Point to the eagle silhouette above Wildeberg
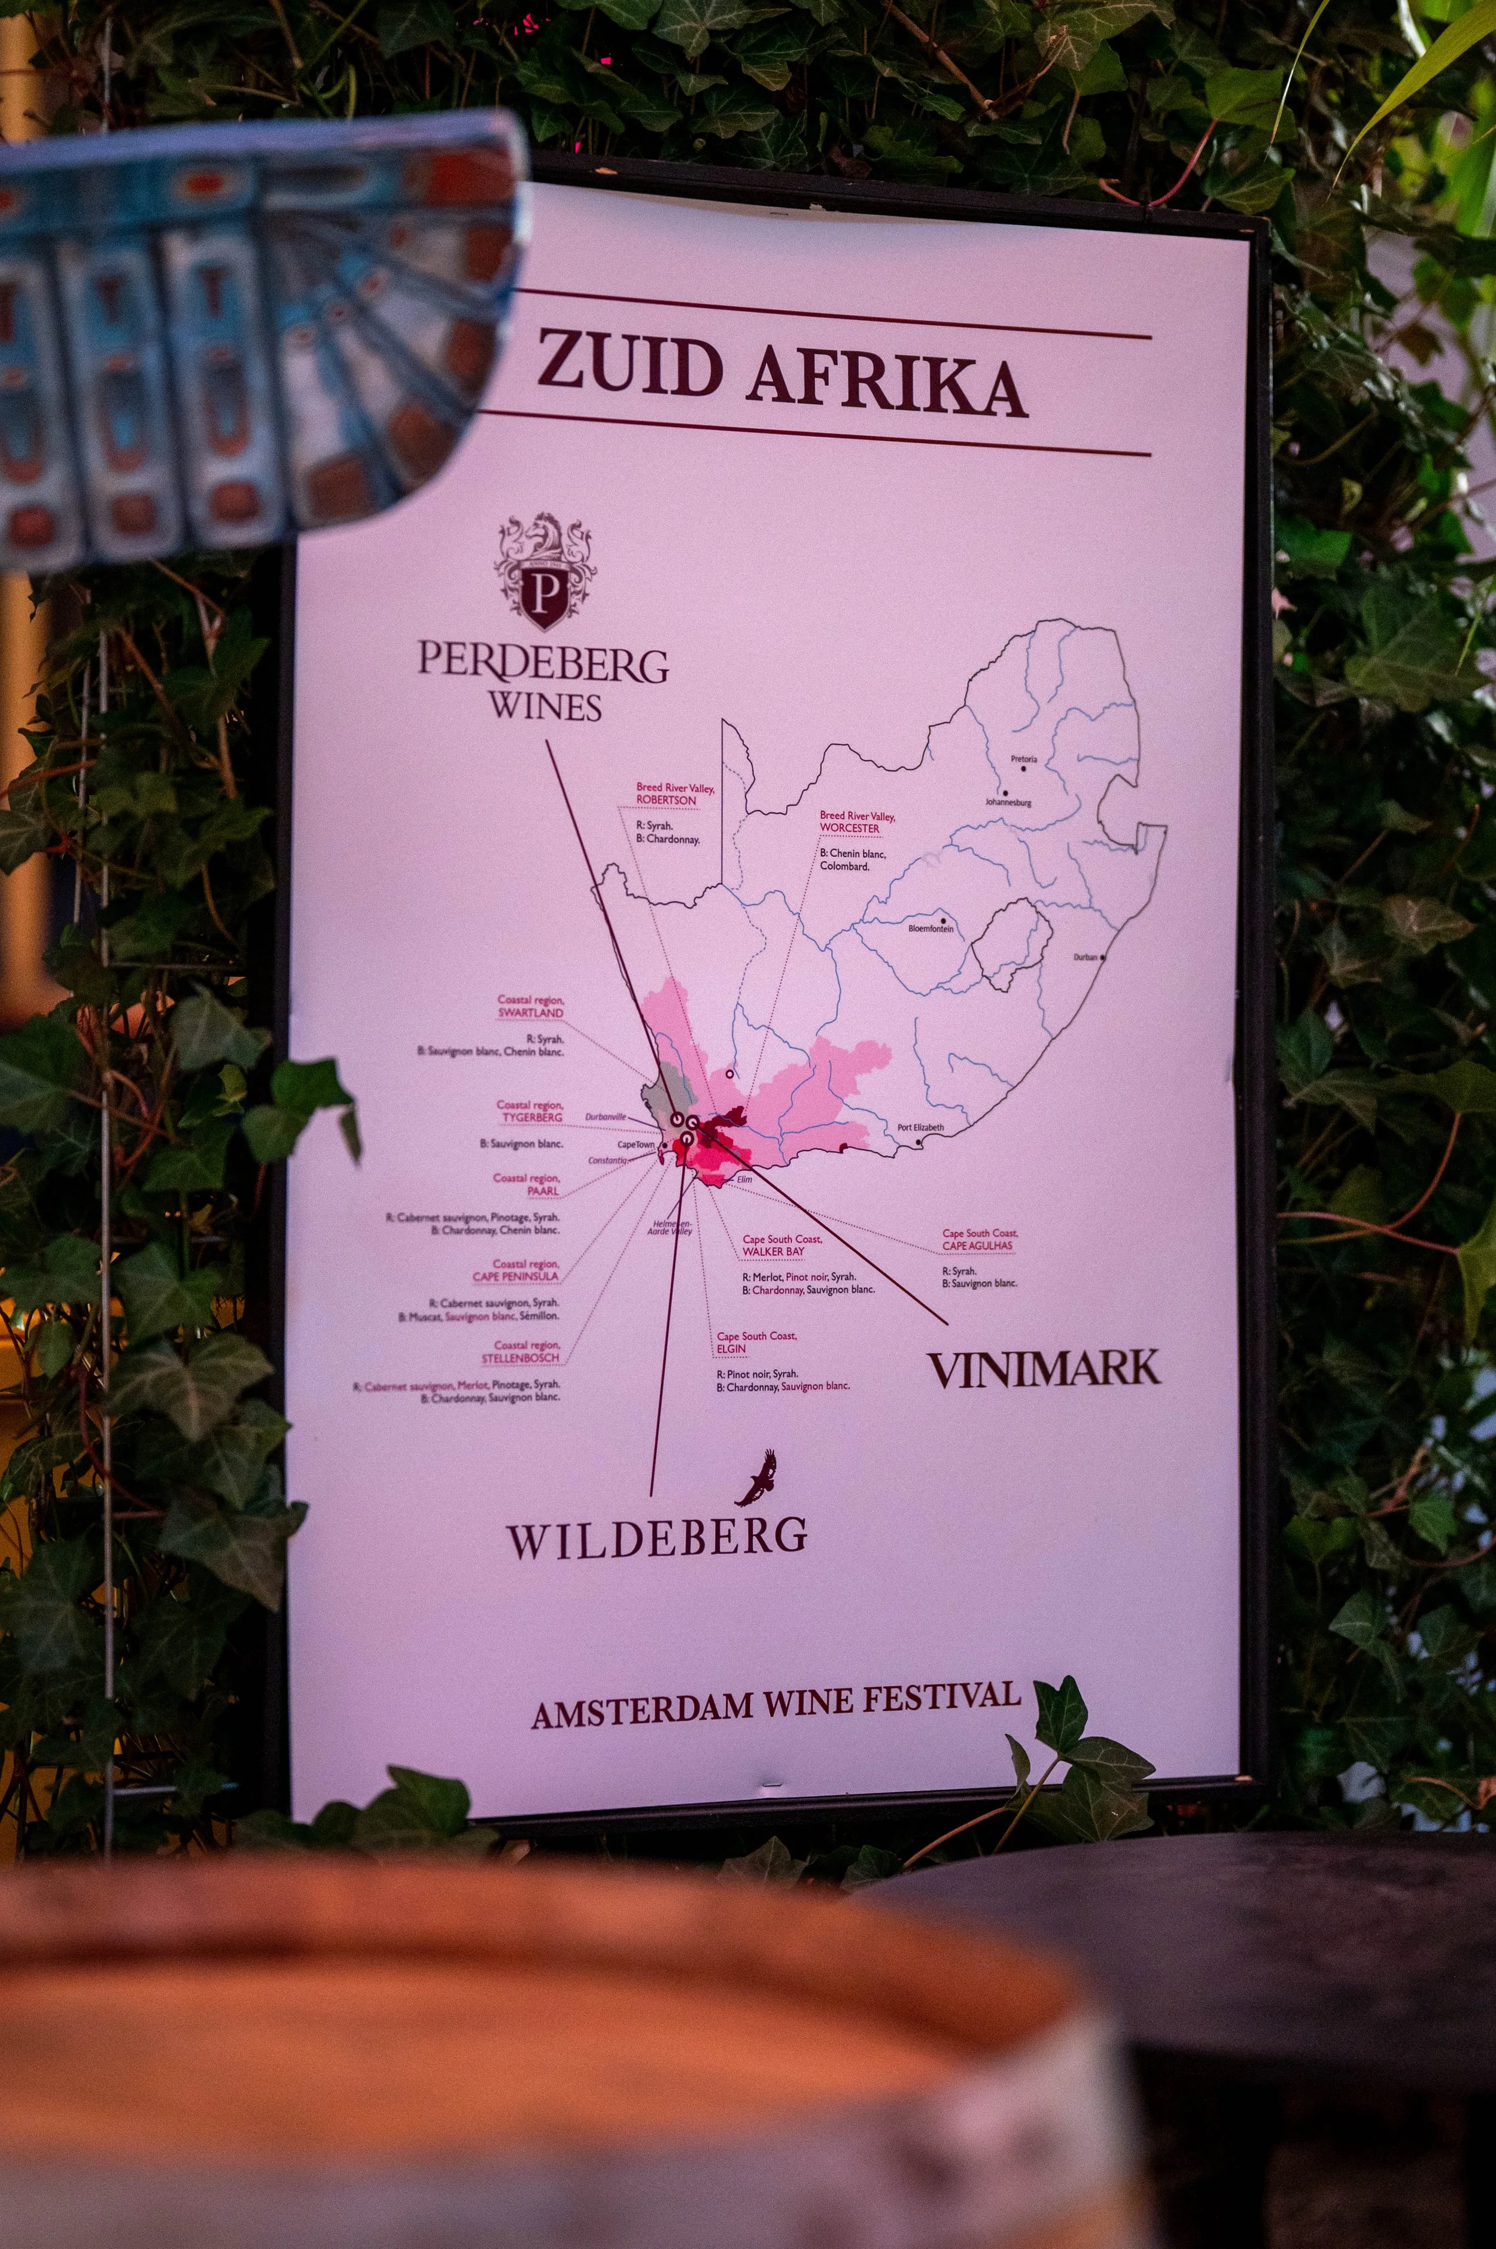pos(759,1477)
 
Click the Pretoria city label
pos(1024,760)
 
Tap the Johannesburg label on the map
pos(1008,803)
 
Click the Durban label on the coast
pos(1085,956)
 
